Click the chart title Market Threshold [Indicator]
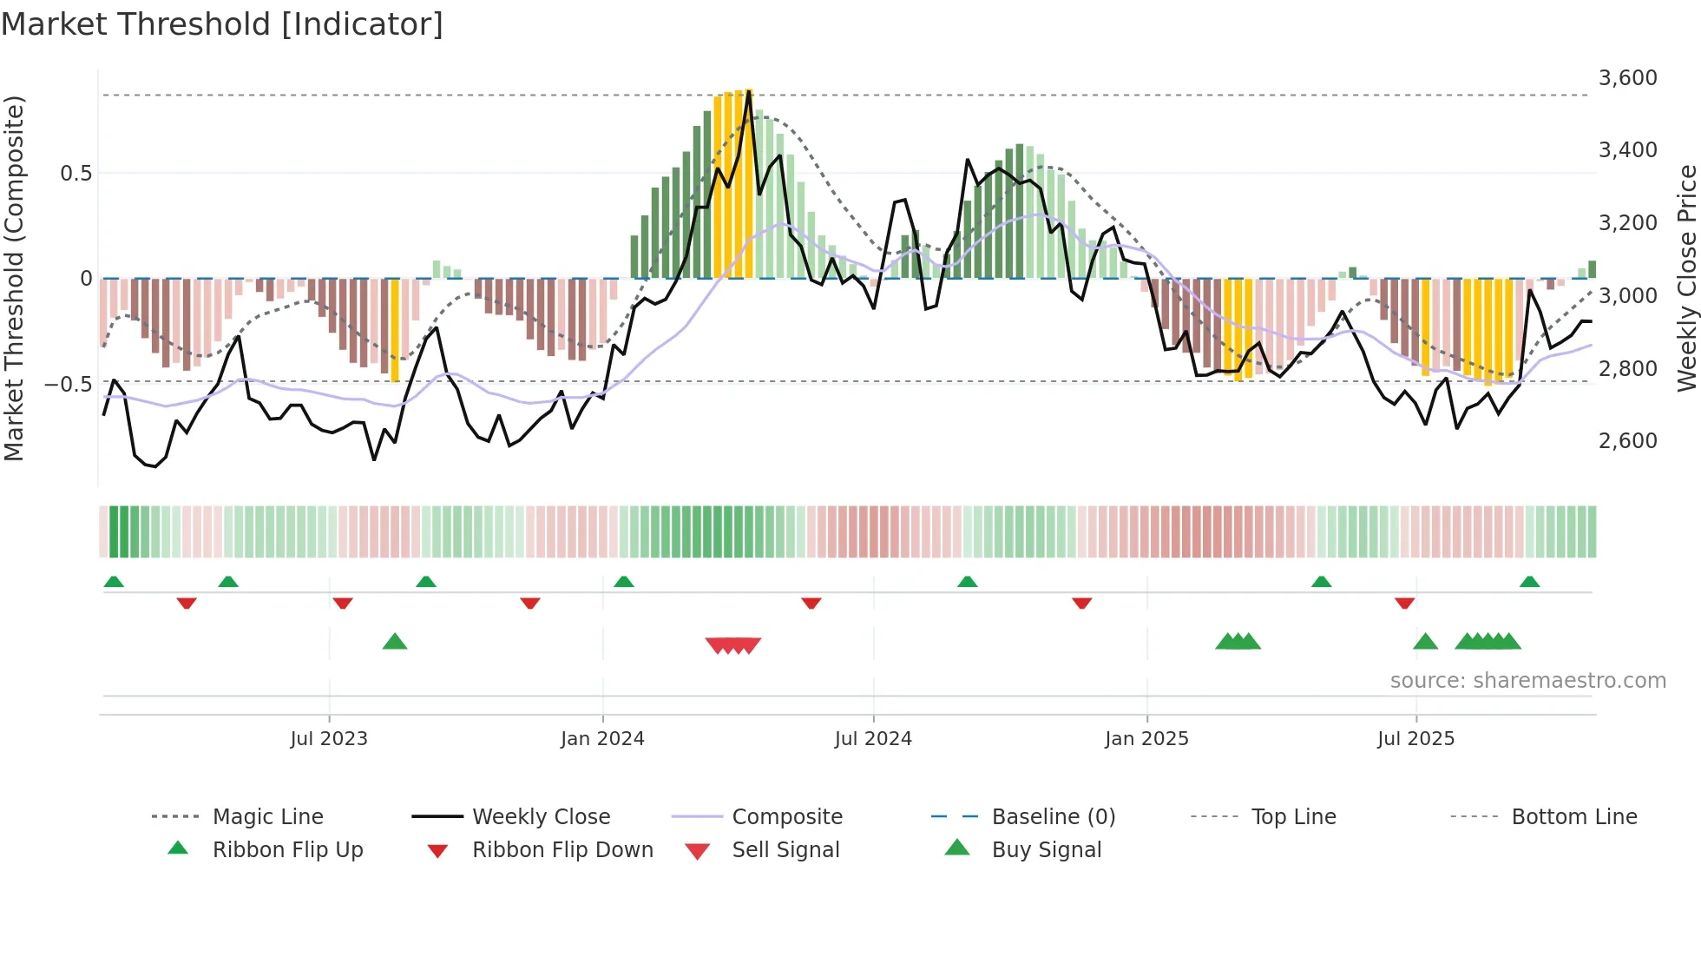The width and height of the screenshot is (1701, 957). pyautogui.click(x=222, y=23)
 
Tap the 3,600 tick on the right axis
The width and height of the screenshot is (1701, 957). pyautogui.click(x=1627, y=78)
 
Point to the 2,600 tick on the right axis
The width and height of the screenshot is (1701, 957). pyautogui.click(x=1627, y=441)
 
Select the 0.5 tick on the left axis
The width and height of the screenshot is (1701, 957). pyautogui.click(x=76, y=174)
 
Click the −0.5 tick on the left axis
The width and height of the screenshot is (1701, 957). pyautogui.click(x=69, y=384)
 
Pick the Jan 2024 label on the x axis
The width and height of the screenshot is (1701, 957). pyautogui.click(x=602, y=739)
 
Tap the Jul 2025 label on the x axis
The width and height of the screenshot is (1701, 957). pyautogui.click(x=1415, y=739)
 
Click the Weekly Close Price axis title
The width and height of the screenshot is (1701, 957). pyautogui.click(x=1686, y=278)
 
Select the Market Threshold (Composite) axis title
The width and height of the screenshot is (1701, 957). pyautogui.click(x=14, y=278)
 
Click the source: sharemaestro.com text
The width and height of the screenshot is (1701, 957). pyautogui.click(x=1527, y=681)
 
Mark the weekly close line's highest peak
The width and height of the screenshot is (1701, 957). pyautogui.click(x=748, y=91)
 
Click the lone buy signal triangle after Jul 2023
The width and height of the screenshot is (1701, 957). pyautogui.click(x=395, y=642)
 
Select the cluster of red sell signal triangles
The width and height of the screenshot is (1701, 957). pyautogui.click(x=733, y=645)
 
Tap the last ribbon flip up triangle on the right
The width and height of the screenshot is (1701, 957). pyautogui.click(x=1529, y=582)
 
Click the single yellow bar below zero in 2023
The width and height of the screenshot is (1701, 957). pyautogui.click(x=395, y=330)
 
